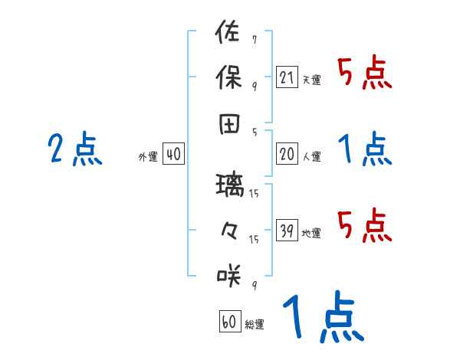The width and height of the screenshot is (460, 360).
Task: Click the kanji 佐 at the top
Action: (x=229, y=34)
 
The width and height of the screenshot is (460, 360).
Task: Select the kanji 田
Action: (x=229, y=123)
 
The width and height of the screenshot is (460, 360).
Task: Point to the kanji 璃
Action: (x=229, y=185)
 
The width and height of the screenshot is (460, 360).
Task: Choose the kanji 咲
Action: (x=229, y=273)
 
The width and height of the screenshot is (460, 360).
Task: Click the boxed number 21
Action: (x=287, y=77)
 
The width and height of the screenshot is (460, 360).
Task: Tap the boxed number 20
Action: (x=287, y=154)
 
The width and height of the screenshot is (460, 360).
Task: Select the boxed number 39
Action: (x=287, y=231)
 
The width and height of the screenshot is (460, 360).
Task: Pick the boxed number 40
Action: (x=173, y=155)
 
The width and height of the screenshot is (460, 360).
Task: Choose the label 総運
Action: (x=255, y=324)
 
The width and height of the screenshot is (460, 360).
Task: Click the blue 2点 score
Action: (x=75, y=149)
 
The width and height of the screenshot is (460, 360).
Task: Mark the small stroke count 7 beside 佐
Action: (x=254, y=39)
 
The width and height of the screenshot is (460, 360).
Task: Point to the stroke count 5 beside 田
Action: (x=254, y=132)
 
